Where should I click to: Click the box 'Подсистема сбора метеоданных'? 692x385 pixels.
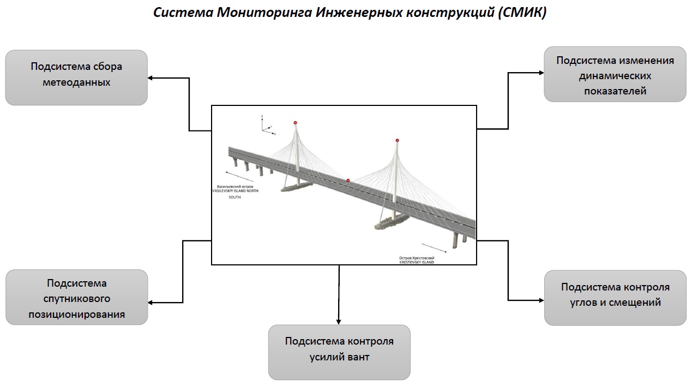(x=76, y=78)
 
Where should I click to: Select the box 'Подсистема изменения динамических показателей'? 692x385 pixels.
(x=615, y=74)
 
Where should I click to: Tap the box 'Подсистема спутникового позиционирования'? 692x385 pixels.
(x=76, y=298)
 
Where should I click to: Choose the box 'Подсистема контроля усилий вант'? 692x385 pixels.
(x=339, y=352)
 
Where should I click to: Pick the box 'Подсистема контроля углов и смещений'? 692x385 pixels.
(x=615, y=298)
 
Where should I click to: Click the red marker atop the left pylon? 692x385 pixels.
(x=296, y=123)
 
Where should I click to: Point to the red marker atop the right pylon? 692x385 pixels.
(x=398, y=140)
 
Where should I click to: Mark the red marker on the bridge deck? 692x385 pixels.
(x=348, y=180)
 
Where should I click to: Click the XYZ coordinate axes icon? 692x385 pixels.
(x=266, y=126)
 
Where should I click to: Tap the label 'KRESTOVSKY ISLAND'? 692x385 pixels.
(x=417, y=262)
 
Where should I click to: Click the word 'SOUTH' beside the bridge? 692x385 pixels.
(x=234, y=197)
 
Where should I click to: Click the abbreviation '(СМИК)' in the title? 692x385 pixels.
(x=522, y=13)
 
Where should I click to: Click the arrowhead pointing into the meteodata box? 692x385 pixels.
(x=151, y=78)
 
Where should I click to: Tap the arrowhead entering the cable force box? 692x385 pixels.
(x=339, y=322)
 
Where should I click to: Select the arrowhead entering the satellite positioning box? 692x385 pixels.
(x=151, y=303)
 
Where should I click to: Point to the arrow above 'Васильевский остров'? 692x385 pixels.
(x=240, y=176)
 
